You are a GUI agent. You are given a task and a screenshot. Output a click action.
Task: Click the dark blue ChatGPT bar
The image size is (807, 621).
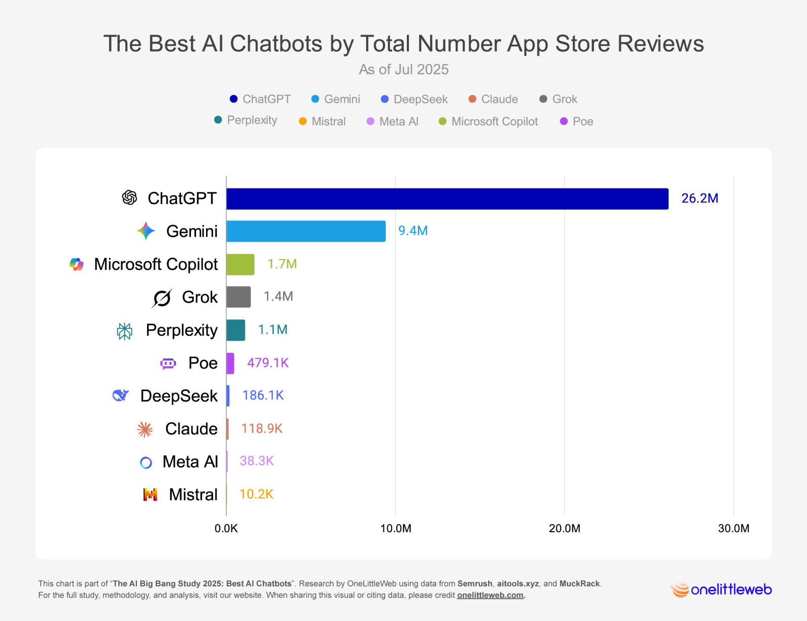pyautogui.click(x=447, y=199)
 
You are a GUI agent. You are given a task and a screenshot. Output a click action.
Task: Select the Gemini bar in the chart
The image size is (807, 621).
pyautogui.click(x=306, y=231)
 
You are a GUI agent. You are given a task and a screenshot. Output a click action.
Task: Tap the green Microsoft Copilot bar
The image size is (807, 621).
pyautogui.click(x=240, y=264)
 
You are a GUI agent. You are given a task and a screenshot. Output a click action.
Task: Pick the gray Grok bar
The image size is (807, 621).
pyautogui.click(x=238, y=297)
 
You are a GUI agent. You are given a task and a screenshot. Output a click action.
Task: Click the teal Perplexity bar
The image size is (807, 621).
pyautogui.click(x=236, y=330)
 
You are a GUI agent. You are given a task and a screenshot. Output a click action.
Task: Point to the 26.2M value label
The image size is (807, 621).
pyautogui.click(x=699, y=198)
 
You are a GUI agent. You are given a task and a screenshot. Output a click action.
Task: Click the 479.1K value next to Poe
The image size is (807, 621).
pyautogui.click(x=268, y=363)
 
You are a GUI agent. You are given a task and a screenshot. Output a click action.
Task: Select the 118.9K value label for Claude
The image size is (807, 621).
pyautogui.click(x=261, y=428)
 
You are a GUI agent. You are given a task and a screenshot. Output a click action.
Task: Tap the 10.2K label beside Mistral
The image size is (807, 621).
pyautogui.click(x=256, y=494)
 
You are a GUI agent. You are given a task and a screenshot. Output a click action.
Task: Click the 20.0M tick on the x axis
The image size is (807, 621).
pyautogui.click(x=564, y=529)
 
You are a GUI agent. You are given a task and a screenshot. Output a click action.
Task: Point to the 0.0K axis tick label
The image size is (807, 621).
pyautogui.click(x=226, y=529)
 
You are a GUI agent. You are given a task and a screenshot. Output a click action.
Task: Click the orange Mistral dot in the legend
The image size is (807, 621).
pyautogui.click(x=303, y=122)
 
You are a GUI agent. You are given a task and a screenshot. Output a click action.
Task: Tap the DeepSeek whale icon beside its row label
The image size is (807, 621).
pyautogui.click(x=120, y=395)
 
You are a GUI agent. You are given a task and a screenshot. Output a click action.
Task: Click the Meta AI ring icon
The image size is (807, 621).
pyautogui.click(x=146, y=462)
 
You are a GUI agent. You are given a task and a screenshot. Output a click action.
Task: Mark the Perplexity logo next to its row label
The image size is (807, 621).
pyautogui.click(x=124, y=331)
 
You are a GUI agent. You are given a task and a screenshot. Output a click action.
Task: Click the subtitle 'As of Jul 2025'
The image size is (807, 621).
pyautogui.click(x=403, y=69)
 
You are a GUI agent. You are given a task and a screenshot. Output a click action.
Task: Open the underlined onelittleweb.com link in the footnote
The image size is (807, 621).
pyautogui.click(x=490, y=595)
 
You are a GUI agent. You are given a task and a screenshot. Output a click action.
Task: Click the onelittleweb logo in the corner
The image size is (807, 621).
pyautogui.click(x=721, y=589)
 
